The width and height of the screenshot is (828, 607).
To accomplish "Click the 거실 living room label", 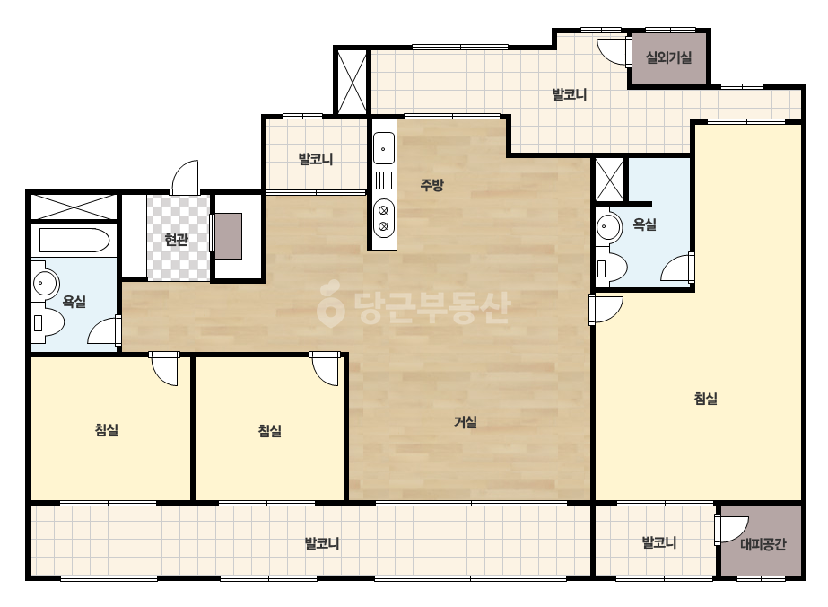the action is (466, 422).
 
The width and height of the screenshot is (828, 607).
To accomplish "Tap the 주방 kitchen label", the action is (432, 185).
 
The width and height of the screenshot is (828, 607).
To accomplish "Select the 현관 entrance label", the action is (177, 240).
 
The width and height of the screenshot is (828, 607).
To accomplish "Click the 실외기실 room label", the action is (668, 57).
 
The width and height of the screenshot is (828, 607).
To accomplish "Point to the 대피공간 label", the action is (763, 543).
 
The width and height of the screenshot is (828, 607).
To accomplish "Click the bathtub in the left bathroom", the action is (74, 240).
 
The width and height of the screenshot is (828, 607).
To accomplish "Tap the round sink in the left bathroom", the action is (46, 283).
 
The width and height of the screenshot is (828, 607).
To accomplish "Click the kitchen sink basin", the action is (384, 148).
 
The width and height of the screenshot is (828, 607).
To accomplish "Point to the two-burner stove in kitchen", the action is (384, 218).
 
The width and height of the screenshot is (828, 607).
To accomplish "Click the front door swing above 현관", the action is (184, 177).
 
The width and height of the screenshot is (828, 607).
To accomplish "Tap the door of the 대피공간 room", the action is (731, 529).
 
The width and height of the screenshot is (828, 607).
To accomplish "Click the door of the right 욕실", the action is (677, 267).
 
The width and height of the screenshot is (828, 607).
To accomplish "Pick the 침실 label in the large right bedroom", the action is (705, 398).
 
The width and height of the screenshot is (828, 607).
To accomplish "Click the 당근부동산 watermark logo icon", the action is (330, 303).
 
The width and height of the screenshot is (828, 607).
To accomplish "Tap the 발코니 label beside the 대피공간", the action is (658, 542).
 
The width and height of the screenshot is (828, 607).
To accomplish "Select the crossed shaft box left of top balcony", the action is (352, 81).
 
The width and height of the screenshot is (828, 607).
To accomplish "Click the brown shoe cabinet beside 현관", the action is (229, 236).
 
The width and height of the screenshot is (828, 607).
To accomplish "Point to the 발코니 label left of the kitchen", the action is (315, 159).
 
